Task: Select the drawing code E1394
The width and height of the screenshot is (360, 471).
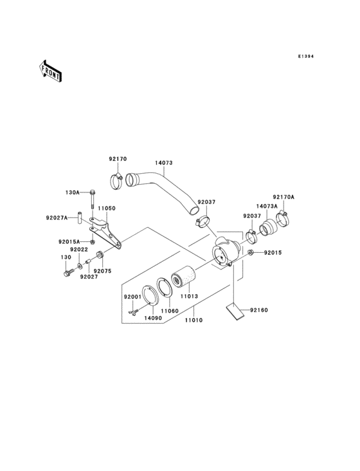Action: [305, 56]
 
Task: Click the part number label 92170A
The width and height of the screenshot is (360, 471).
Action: [282, 198]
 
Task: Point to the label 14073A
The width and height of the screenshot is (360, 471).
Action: [268, 207]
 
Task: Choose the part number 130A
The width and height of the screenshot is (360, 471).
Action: [72, 192]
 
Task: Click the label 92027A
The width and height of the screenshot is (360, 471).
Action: [57, 217]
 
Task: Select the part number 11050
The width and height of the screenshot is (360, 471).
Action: [106, 209]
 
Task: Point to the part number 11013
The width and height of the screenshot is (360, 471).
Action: [188, 297]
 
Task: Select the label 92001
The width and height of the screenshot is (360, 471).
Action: [132, 297]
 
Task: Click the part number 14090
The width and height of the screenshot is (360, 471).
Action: [152, 318]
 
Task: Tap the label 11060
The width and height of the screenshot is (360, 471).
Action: [170, 311]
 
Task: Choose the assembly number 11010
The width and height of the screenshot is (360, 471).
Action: [194, 320]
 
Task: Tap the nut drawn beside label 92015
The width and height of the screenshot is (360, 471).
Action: [251, 253]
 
